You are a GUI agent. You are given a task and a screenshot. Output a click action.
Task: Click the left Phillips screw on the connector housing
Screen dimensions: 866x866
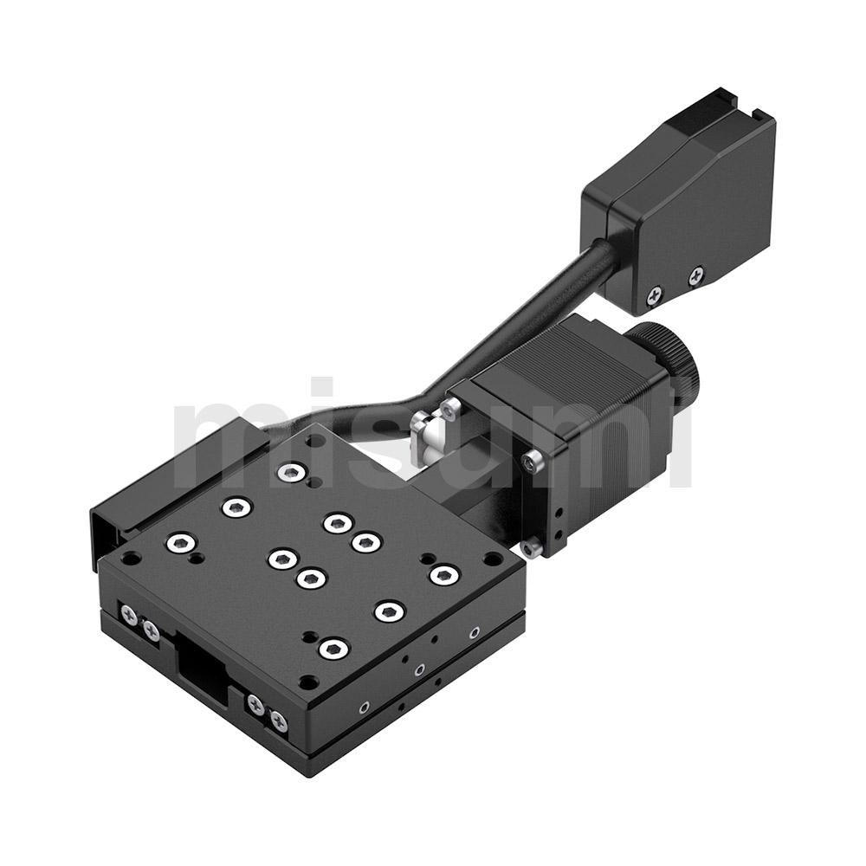coord(656,294)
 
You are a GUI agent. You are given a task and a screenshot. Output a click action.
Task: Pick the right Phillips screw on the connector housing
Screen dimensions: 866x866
coord(696,276)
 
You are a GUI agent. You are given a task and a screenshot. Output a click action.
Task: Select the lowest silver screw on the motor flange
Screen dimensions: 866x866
coord(532,547)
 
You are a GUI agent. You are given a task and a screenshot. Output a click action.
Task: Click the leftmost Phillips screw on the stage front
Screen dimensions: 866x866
coord(129,614)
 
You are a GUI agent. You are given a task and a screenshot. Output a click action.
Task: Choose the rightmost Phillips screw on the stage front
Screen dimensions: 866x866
coord(278,719)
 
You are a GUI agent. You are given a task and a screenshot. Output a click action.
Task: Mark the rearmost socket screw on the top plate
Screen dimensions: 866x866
coord(291,472)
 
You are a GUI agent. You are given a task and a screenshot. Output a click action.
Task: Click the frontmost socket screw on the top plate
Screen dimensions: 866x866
coord(333,648)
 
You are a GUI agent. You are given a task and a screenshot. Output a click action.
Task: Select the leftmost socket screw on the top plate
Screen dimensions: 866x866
coord(179,544)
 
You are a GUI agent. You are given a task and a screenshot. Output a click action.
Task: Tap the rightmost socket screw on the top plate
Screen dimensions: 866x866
coord(443,574)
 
